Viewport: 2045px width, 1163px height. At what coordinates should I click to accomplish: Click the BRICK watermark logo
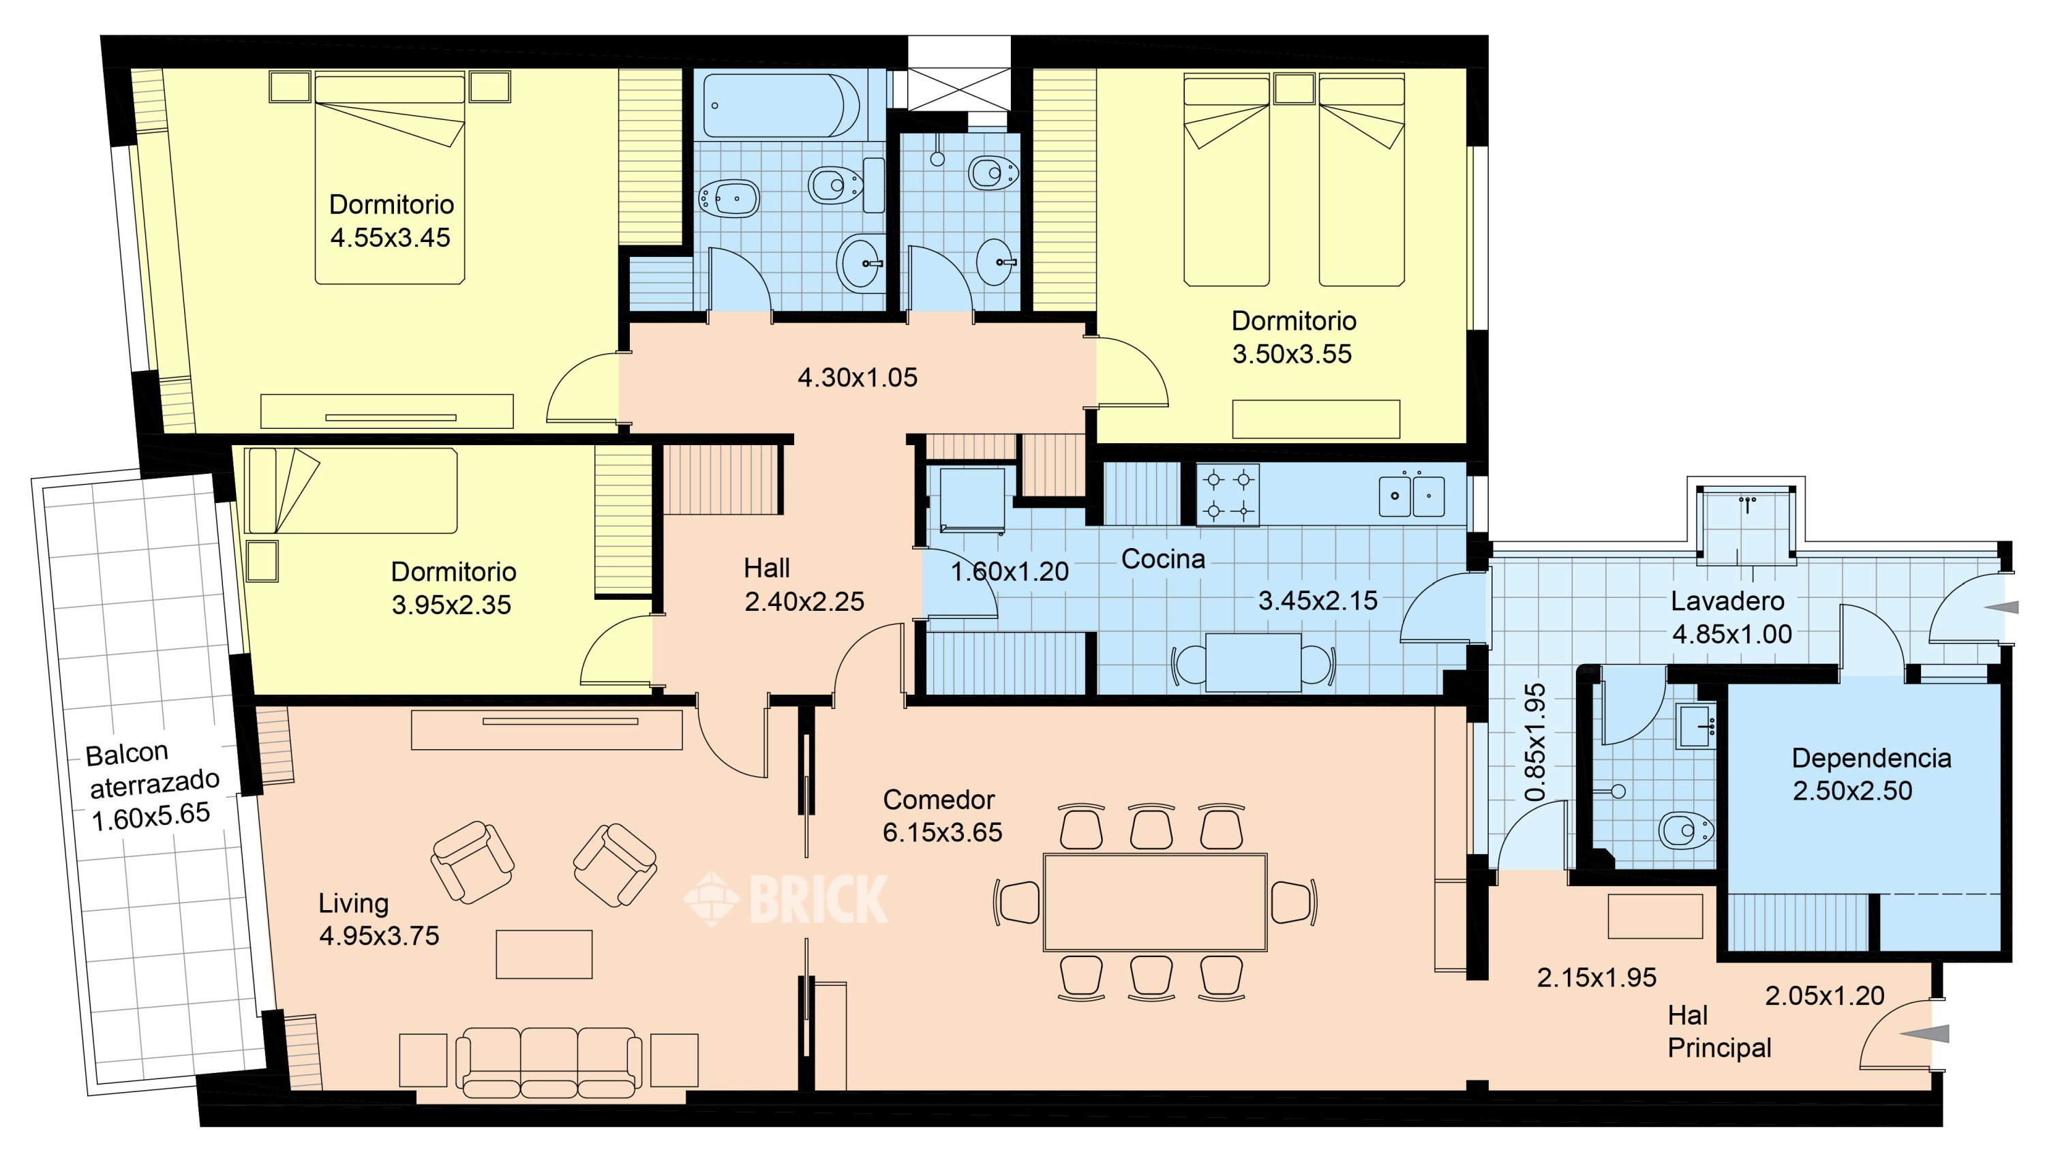tap(786, 898)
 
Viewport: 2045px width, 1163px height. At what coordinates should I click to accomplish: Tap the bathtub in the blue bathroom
tap(782, 106)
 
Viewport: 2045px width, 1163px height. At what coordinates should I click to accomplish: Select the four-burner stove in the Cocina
tap(1227, 495)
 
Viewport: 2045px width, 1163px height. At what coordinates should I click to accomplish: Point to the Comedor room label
tap(938, 800)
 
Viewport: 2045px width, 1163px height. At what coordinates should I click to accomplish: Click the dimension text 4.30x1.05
tap(858, 377)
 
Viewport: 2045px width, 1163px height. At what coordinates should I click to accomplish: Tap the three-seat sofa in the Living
tap(549, 1062)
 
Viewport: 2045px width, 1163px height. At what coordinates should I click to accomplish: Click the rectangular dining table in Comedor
tap(1155, 903)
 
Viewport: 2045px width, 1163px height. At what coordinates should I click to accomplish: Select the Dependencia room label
tap(1872, 758)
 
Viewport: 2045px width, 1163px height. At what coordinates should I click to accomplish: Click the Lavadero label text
tap(1728, 601)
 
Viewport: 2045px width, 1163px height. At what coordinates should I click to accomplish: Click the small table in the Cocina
tap(1254, 662)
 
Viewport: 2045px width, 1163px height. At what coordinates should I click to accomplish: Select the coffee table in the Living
tap(544, 954)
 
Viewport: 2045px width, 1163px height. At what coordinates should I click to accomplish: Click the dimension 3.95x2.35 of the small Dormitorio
tap(451, 605)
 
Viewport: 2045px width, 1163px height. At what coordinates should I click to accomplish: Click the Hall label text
tap(767, 568)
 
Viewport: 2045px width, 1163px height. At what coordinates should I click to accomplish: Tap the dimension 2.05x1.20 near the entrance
tap(1825, 995)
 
